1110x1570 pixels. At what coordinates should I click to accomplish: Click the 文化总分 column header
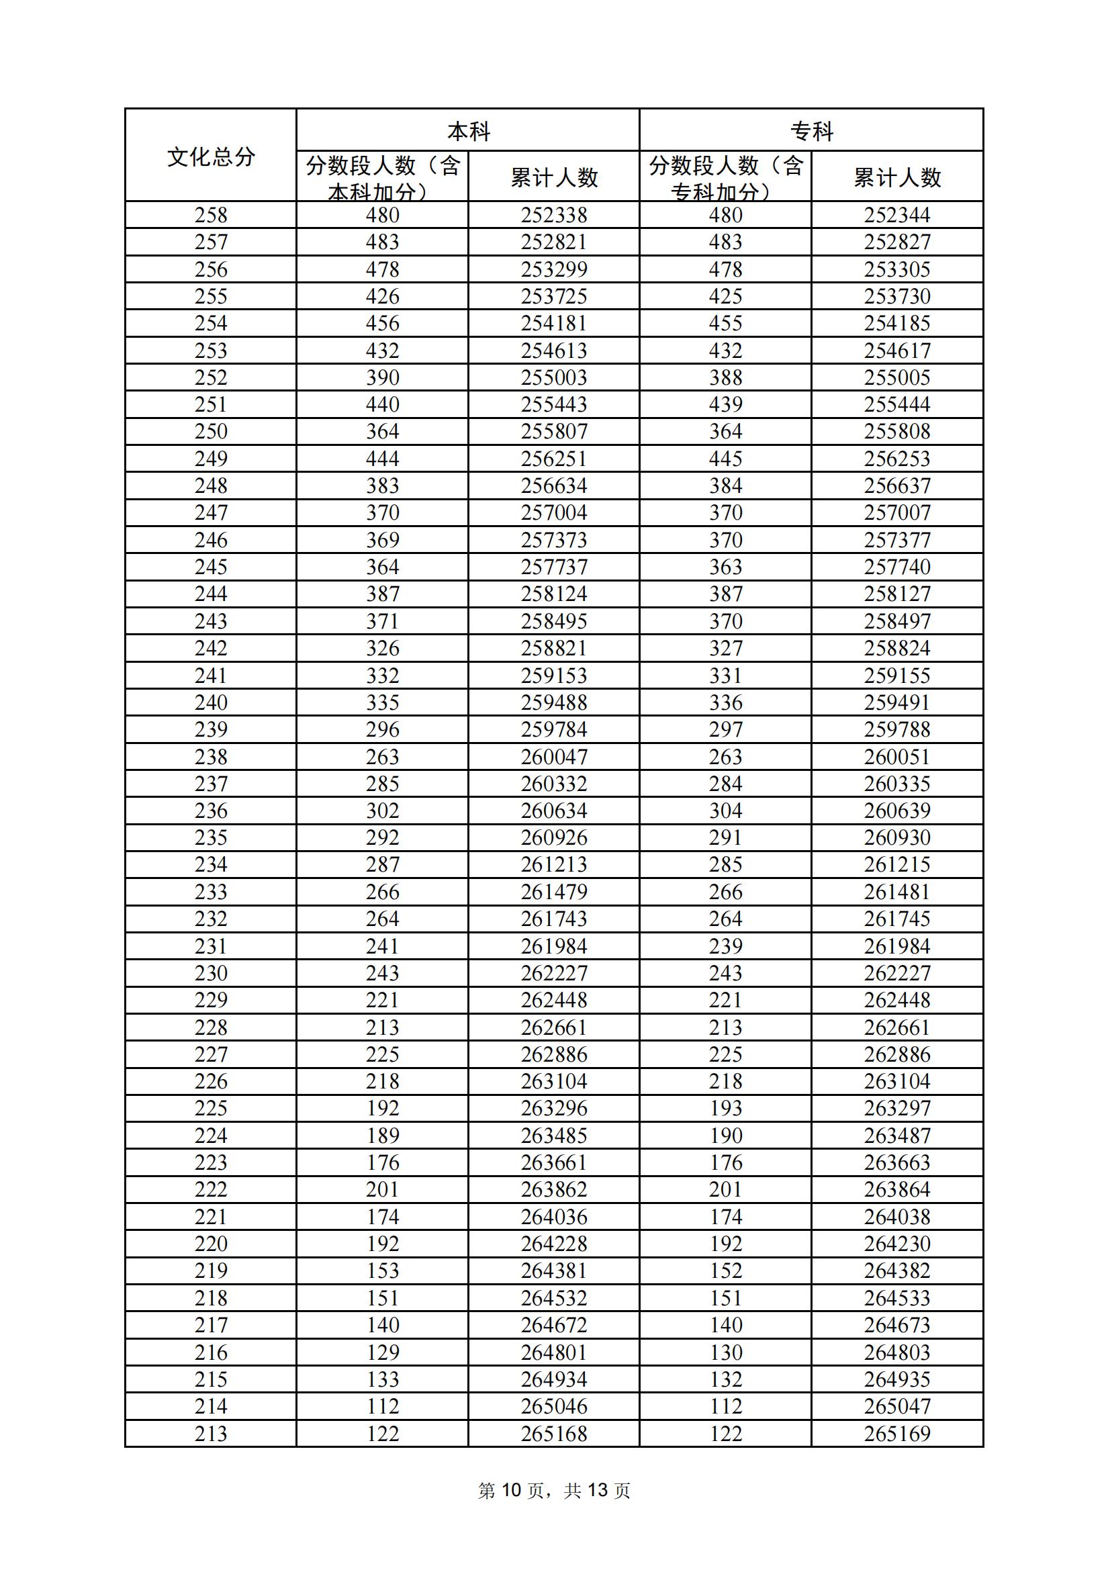coord(211,156)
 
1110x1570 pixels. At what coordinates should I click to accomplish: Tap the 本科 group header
coord(468,130)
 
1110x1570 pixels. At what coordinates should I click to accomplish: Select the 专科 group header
coord(811,130)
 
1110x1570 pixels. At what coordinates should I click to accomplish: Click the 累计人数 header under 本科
coord(554,178)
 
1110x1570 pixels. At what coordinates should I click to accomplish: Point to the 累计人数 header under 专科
coord(896,178)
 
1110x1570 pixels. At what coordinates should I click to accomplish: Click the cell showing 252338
coord(554,215)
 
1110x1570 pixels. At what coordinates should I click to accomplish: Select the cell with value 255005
coord(896,377)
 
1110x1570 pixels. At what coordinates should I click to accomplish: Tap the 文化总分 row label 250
coord(211,432)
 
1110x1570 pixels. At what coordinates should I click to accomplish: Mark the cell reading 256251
coord(554,459)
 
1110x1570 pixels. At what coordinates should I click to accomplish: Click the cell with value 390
coord(382,377)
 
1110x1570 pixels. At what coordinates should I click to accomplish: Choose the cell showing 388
coord(725,377)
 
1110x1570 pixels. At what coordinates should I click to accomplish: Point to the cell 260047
coord(554,757)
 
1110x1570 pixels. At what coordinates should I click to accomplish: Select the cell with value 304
coord(725,811)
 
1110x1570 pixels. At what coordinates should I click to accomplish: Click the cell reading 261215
coord(896,865)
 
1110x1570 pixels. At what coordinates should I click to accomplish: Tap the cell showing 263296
coord(554,1109)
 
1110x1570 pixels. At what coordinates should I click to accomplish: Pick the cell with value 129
coord(382,1352)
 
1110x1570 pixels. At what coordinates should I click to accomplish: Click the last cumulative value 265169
coord(896,1434)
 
